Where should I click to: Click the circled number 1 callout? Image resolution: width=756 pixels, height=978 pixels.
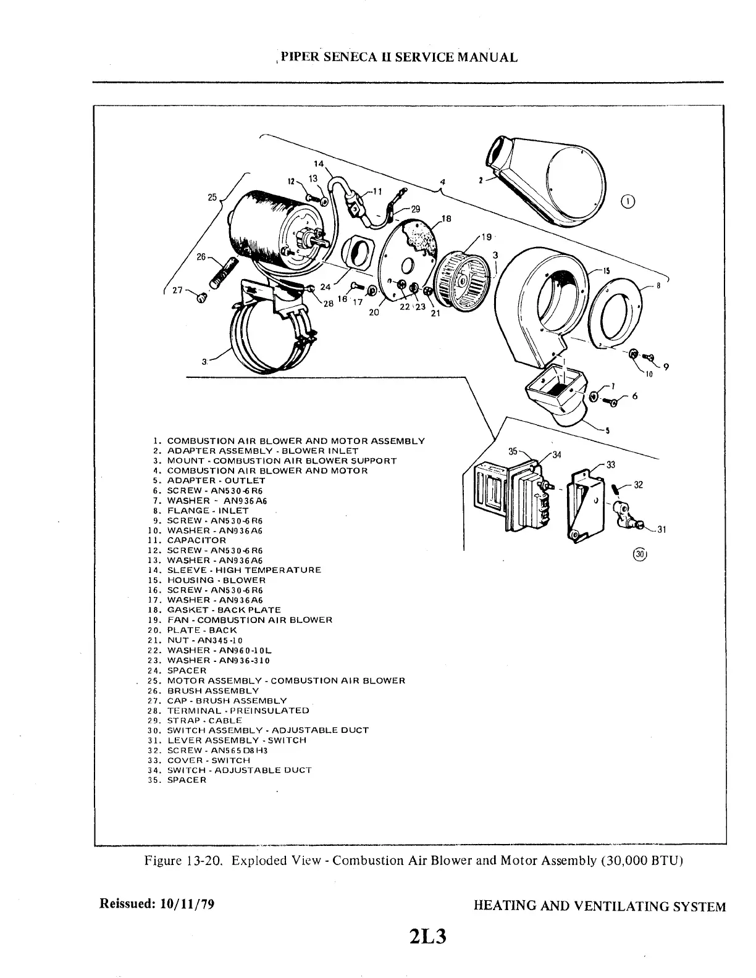[628, 201]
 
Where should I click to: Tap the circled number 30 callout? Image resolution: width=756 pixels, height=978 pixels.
[639, 554]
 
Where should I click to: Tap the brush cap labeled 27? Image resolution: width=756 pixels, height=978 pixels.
[201, 298]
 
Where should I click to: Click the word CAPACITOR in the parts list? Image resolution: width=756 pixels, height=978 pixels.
[196, 540]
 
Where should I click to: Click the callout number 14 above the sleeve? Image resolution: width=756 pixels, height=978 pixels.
[319, 164]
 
